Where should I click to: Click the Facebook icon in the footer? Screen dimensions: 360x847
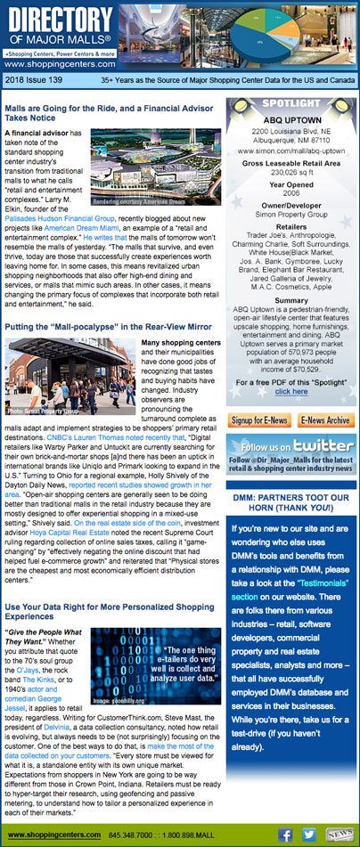[x=285, y=835]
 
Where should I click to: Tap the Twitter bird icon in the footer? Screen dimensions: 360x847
[x=309, y=835]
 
